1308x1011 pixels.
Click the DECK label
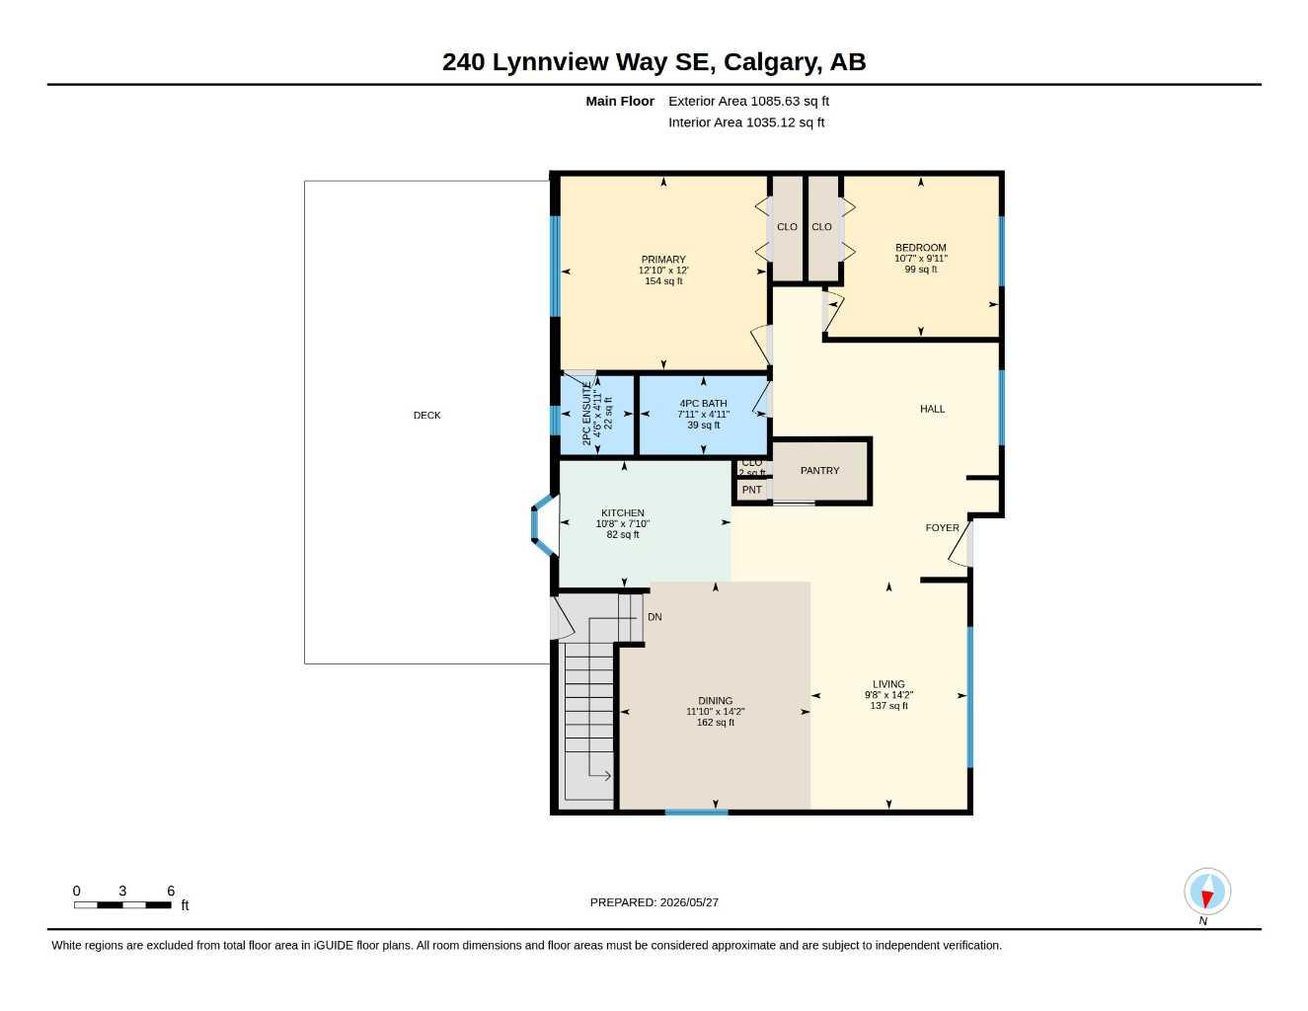[x=426, y=416]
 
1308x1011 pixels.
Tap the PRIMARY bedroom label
[x=663, y=260]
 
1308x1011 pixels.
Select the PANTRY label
[x=819, y=471]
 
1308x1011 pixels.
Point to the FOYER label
[x=943, y=528]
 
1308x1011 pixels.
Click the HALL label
[x=933, y=409]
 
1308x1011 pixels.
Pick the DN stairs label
[x=654, y=617]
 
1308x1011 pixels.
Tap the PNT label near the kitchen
[x=752, y=490]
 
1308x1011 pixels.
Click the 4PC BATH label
[x=704, y=404]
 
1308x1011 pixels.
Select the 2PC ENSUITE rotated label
[x=587, y=414]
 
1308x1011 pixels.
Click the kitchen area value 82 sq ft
[x=623, y=534]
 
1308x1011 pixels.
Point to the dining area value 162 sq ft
[x=716, y=722]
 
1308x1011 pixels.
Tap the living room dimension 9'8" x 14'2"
[x=889, y=695]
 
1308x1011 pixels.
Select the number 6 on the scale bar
[x=171, y=891]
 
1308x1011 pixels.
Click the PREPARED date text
[x=654, y=902]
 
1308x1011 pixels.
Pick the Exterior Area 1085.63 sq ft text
[x=749, y=101]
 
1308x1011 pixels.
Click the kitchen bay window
[x=542, y=525]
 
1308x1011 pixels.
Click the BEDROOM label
[x=921, y=248]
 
